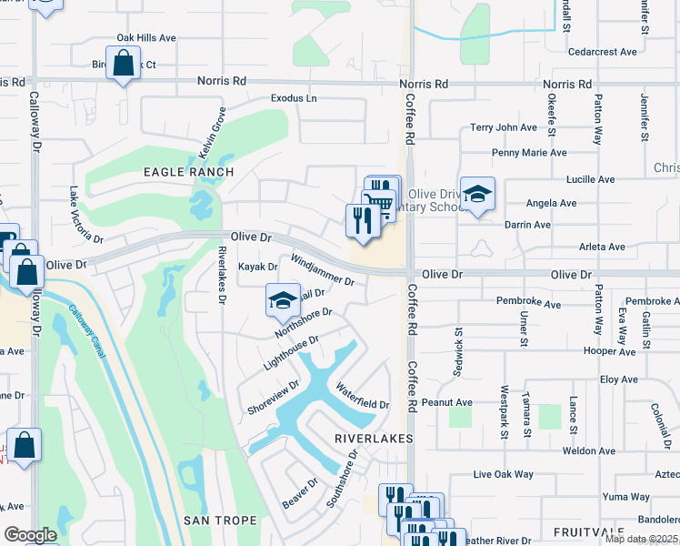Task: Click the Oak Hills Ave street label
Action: (145, 38)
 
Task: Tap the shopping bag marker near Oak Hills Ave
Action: (122, 65)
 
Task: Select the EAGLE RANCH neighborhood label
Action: (188, 172)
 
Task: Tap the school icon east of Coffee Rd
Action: (476, 195)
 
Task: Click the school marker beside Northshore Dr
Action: (283, 299)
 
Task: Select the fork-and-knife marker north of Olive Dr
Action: (363, 220)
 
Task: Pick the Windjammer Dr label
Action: (322, 270)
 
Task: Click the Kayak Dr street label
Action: (257, 267)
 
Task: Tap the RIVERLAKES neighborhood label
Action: (373, 439)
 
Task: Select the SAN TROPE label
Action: (220, 521)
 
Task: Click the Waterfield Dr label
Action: (363, 397)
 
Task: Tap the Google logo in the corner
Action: (29, 535)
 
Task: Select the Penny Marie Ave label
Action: (528, 153)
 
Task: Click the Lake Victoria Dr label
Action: (86, 215)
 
